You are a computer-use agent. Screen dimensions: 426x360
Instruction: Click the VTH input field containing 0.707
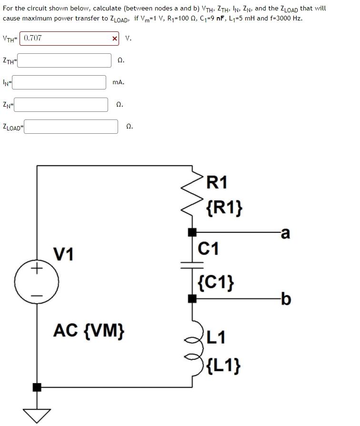click(64, 38)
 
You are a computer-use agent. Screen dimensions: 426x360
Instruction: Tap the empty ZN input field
click(61, 104)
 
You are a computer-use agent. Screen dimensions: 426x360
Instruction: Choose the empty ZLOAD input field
click(71, 127)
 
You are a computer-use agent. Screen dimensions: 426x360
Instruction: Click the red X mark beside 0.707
click(114, 39)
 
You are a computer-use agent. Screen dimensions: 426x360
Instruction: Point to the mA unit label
click(118, 82)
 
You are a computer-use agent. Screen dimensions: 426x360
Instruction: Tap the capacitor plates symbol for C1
click(192, 264)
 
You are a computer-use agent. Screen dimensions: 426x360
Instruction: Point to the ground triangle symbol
click(37, 415)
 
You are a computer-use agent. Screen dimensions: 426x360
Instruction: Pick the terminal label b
click(285, 299)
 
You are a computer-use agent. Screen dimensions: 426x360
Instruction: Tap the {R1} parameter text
click(225, 207)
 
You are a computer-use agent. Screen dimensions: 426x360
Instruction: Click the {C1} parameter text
click(215, 282)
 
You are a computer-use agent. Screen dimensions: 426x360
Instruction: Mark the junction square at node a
click(192, 233)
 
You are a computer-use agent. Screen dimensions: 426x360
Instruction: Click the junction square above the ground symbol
click(37, 387)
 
